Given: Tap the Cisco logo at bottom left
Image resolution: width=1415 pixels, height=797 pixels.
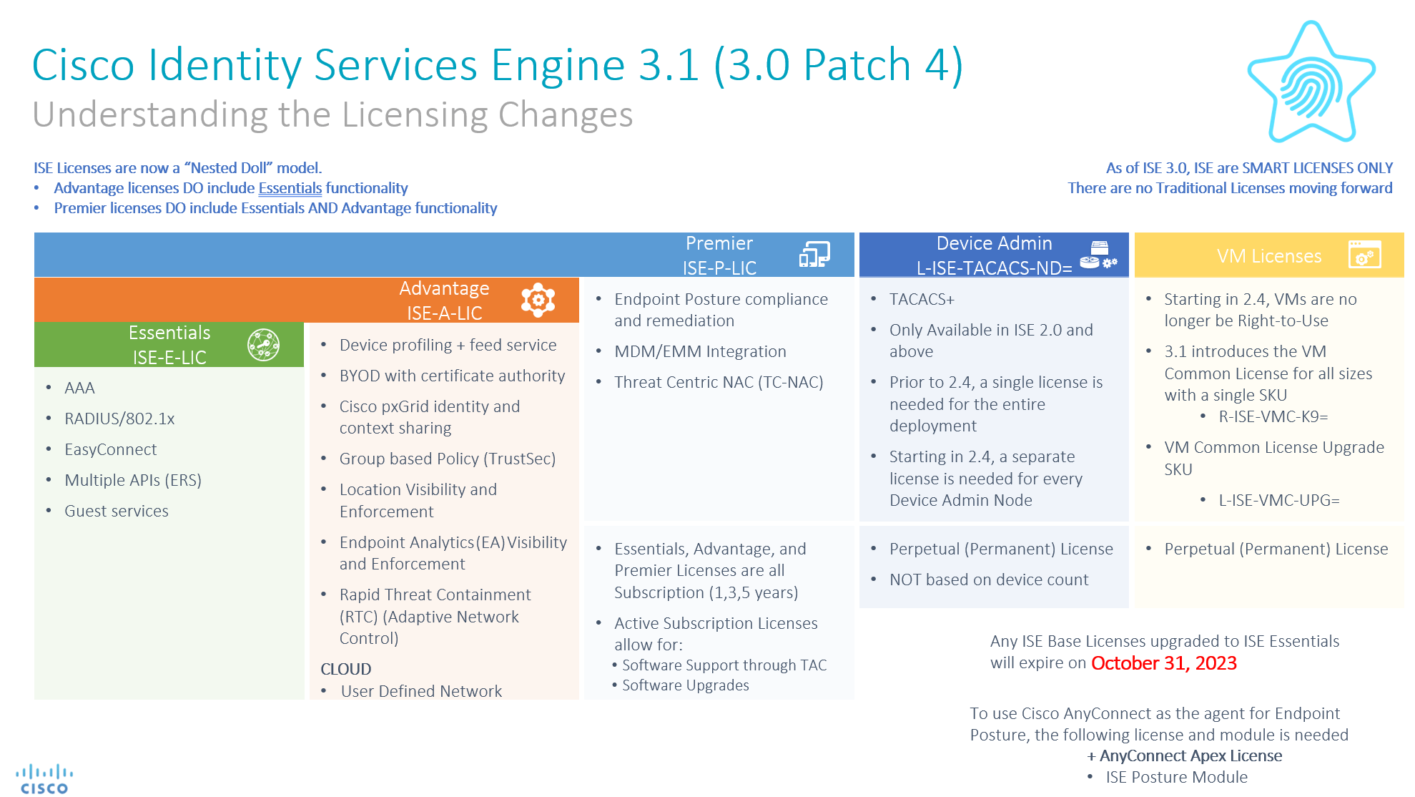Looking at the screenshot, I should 44,779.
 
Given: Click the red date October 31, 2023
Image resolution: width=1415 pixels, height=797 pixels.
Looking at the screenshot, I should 1163,663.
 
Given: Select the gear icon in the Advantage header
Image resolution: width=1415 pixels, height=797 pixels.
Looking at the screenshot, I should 538,300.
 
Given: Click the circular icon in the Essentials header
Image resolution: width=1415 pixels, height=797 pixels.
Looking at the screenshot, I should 263,345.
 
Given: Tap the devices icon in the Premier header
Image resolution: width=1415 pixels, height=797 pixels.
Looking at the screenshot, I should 814,255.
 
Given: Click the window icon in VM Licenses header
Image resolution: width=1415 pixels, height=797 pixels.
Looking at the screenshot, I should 1364,255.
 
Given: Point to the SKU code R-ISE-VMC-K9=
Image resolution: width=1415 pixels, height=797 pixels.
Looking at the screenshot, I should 1273,417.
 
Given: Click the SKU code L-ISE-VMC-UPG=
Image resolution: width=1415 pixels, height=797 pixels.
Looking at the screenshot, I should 1278,501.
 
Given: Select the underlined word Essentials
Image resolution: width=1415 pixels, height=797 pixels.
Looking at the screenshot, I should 290,188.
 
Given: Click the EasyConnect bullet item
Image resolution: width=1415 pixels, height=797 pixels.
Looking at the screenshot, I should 110,450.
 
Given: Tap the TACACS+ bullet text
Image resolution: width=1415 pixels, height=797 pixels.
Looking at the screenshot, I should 921,300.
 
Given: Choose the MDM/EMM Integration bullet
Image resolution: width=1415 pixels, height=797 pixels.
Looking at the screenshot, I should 699,352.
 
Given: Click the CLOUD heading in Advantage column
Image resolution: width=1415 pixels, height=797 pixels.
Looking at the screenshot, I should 345,670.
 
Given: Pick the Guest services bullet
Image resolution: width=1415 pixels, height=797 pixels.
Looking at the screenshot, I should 116,512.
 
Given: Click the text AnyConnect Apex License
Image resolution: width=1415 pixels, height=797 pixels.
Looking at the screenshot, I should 1190,756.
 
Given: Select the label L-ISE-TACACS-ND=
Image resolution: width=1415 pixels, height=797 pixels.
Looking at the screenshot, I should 993,268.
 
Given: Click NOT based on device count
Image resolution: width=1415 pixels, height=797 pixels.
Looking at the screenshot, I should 988,580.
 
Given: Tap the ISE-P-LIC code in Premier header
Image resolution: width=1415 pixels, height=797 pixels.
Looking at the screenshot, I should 719,268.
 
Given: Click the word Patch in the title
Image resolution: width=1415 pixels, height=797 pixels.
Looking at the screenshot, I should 857,65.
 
